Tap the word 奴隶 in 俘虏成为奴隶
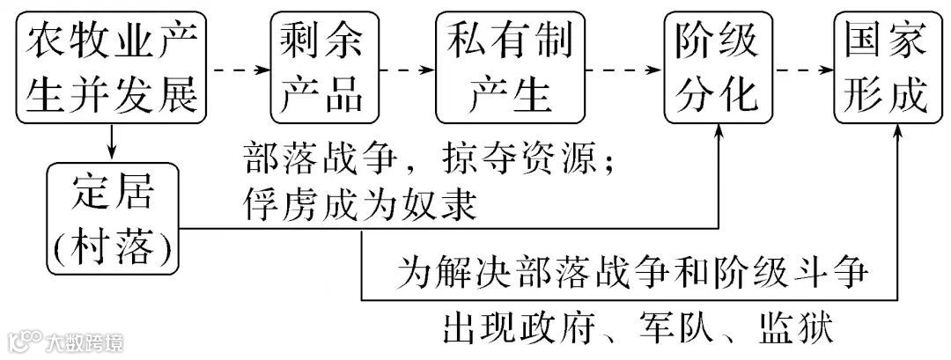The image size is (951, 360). pos(451,205)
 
